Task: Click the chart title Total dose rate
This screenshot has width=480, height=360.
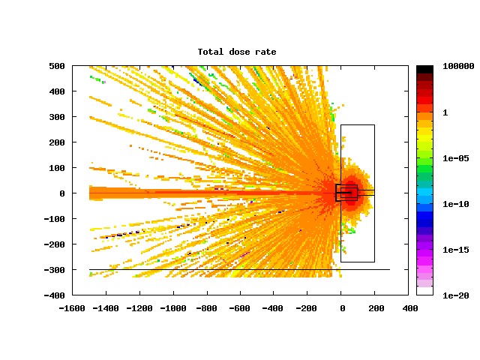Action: coord(237,52)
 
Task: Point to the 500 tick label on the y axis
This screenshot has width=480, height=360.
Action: coord(57,66)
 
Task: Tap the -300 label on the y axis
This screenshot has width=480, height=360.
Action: coord(55,270)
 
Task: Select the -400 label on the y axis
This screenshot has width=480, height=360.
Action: coord(55,295)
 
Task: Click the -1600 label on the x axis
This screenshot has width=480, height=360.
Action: coord(72,308)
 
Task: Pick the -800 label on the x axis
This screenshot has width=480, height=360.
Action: coord(207,308)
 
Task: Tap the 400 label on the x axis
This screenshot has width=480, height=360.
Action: coord(410,308)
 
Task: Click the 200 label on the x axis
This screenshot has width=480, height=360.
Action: coord(376,308)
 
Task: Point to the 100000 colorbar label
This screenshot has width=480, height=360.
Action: coord(458,66)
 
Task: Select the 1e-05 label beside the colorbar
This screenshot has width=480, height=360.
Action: coord(456,158)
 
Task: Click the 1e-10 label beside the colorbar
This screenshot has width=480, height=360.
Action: coord(456,204)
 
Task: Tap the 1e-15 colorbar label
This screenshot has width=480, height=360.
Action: coord(456,250)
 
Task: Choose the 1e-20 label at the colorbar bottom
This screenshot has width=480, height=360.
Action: coord(456,295)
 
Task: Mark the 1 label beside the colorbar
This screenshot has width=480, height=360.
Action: coord(445,112)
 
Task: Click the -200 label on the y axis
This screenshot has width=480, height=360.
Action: coord(55,244)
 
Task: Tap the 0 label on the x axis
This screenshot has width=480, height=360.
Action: coord(343,308)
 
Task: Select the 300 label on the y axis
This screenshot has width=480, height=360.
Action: coord(57,117)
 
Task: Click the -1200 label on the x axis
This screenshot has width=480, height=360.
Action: coord(139,308)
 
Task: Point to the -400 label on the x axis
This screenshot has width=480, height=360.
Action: coord(273,308)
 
